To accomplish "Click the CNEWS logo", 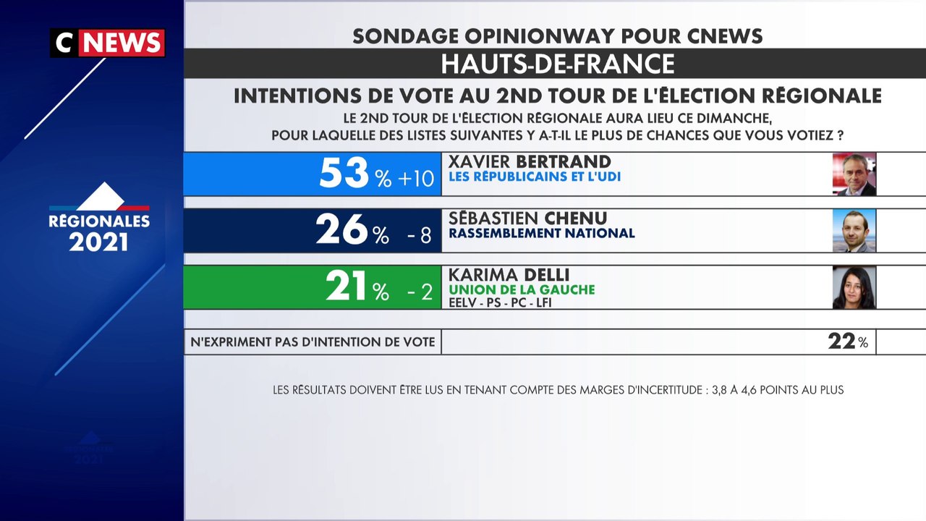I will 107,43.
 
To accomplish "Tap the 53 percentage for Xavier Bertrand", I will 344,174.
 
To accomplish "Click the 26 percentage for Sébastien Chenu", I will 341,230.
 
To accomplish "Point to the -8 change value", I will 420,234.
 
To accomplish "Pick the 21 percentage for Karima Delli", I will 347,287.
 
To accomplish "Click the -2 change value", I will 420,291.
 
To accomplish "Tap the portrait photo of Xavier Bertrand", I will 854,174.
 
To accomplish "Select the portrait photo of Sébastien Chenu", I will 854,230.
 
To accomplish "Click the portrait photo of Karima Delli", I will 854,287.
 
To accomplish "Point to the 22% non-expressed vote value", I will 847,342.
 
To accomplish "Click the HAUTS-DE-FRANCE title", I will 558,64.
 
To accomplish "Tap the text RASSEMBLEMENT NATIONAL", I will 542,233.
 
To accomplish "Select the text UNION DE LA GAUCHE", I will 522,289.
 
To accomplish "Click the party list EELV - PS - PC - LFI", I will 500,302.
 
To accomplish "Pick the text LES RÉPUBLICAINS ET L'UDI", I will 535,177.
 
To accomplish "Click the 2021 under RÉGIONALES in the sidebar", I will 99,242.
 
